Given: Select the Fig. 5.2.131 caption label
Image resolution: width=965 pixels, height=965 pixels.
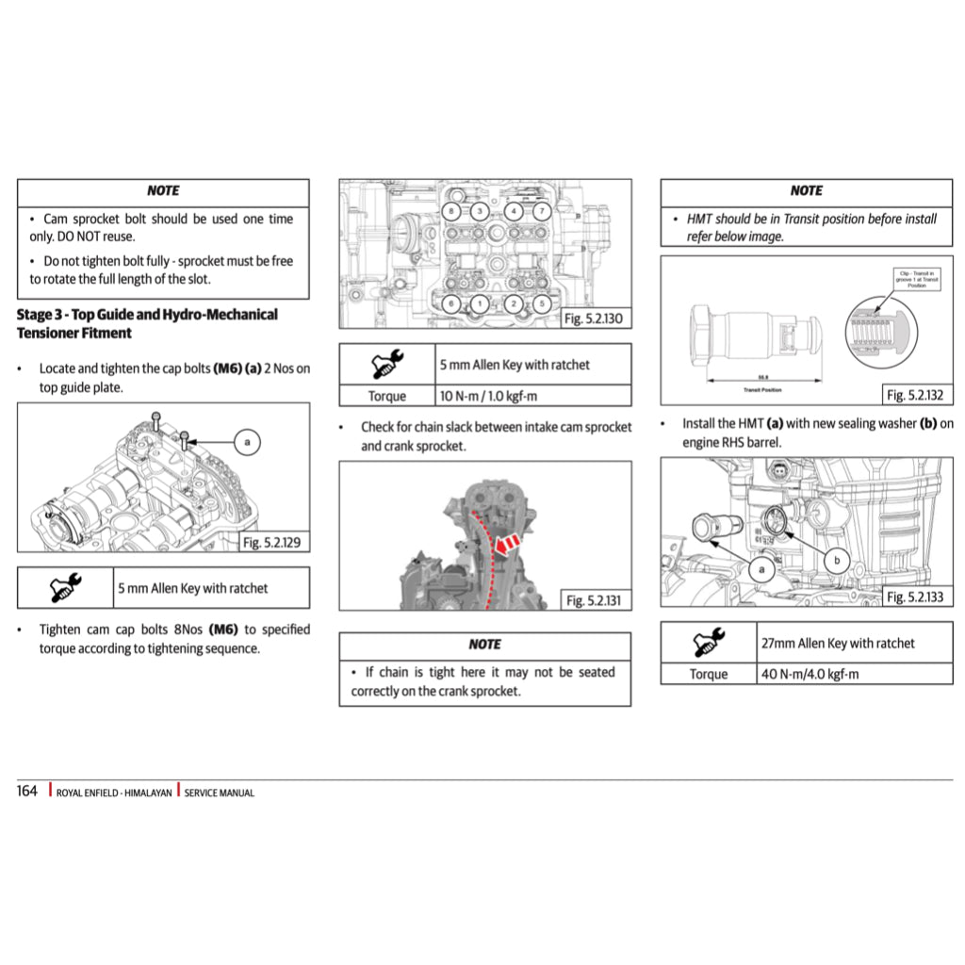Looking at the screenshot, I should pos(597,600).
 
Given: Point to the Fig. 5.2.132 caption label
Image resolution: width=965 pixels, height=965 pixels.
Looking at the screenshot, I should pos(915,395).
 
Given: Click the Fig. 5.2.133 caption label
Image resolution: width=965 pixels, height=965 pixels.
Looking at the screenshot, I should pos(915,597).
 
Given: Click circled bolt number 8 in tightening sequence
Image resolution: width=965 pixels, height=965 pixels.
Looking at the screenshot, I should pos(453,210).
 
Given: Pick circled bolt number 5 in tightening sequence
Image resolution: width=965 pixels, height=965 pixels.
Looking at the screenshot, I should pos(541,303).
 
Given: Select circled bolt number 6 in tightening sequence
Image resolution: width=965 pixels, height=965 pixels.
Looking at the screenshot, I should pos(453,303).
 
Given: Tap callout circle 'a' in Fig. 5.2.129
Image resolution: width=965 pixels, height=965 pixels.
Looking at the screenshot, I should pos(247,441).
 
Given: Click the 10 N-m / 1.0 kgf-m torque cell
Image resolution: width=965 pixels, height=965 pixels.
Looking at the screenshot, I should pos(533,397).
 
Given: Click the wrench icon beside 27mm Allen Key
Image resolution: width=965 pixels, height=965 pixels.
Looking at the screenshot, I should pos(708,644).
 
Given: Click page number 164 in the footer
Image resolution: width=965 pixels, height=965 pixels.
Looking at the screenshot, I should pos(27,792).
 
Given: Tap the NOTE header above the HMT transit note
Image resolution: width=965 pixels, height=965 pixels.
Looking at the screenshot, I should pos(806,190).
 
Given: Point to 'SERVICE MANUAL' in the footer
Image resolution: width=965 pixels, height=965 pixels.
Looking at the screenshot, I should pos(219,793).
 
